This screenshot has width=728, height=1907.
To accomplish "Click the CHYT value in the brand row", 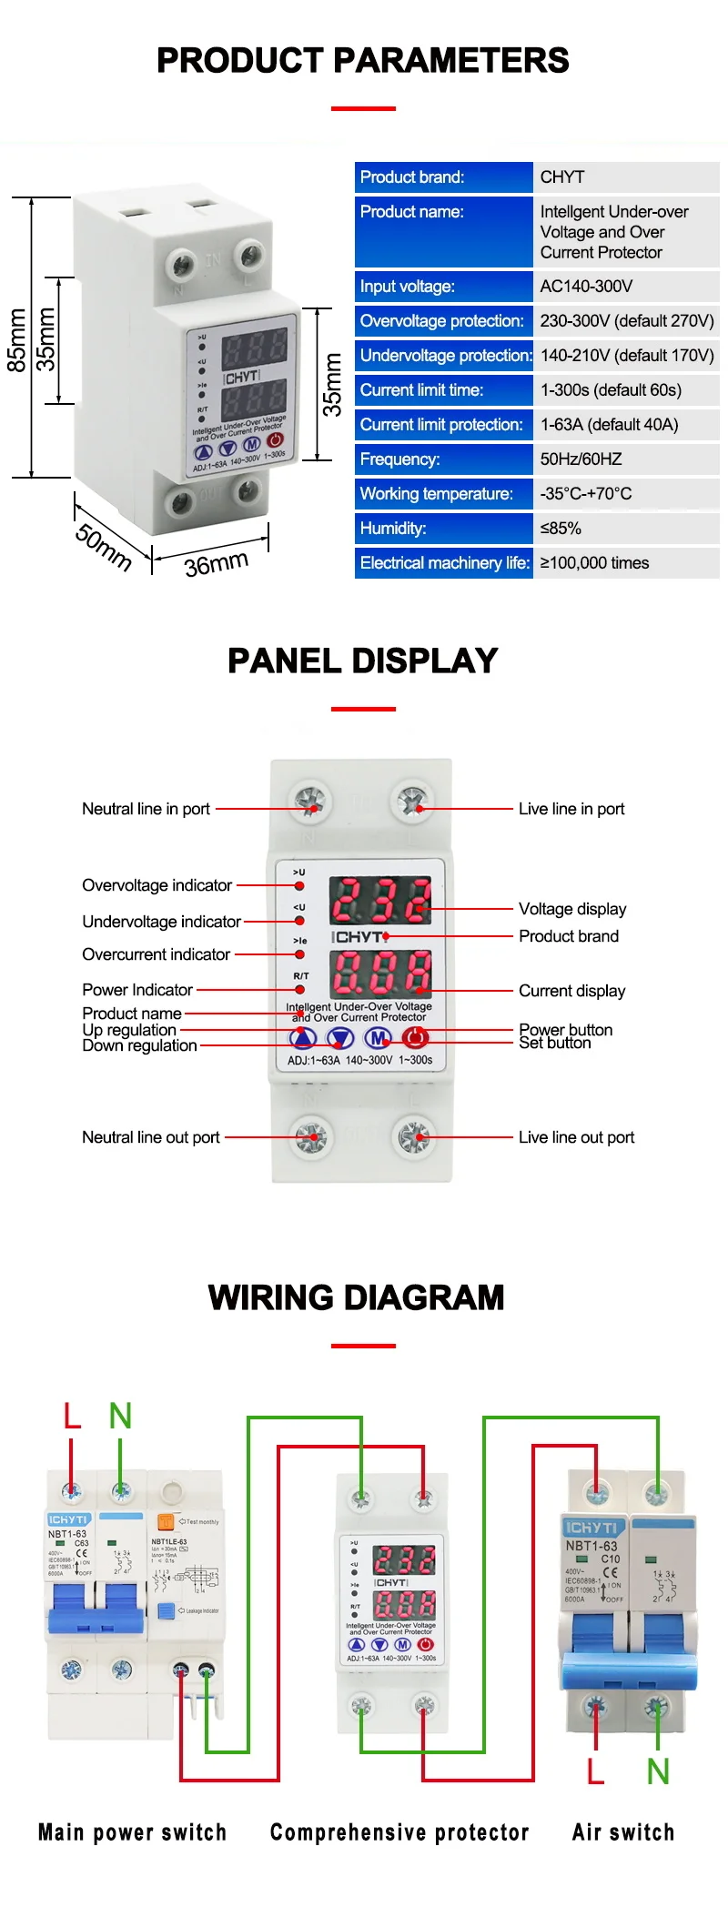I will [x=562, y=177].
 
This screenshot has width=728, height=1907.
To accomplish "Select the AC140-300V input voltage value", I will [x=586, y=287].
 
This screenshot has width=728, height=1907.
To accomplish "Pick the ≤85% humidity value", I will [x=561, y=529].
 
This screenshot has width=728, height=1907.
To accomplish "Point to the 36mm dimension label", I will [x=217, y=564].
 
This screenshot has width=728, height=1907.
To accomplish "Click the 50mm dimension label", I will [x=103, y=547].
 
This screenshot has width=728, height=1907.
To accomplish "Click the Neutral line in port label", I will [x=146, y=809].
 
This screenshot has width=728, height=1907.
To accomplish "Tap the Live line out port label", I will [x=576, y=1137].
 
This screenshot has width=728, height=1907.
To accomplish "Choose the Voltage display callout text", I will [x=572, y=909].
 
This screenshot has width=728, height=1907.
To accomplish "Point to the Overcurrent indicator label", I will [x=156, y=954].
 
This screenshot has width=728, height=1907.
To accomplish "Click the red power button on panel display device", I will [x=415, y=1037].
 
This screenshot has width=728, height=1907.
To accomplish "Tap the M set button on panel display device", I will [x=378, y=1037].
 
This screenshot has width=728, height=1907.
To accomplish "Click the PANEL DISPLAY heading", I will [x=363, y=661].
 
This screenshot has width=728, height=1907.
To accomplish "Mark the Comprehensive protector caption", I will [x=399, y=1832].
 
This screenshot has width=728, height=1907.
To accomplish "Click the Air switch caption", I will [x=623, y=1832].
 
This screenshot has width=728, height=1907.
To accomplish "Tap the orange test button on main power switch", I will [x=166, y=1521].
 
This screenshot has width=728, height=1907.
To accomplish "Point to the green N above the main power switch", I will [x=120, y=1416].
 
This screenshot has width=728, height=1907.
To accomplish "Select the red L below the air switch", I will [x=595, y=1771].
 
